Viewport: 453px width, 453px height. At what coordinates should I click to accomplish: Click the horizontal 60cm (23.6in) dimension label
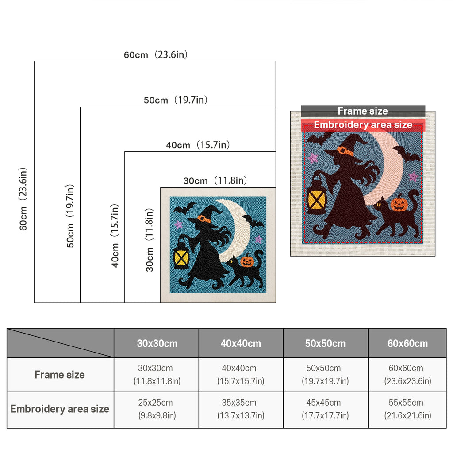pos(156,54)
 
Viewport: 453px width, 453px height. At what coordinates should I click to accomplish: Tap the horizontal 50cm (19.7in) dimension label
pos(176,100)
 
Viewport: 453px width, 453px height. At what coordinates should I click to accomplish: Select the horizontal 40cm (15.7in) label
pos(198,145)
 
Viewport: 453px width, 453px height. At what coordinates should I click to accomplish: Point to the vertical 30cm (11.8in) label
pos(150,240)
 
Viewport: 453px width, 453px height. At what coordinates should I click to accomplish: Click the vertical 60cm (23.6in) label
pos(23,199)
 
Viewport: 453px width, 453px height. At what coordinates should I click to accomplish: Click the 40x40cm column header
pos(241,343)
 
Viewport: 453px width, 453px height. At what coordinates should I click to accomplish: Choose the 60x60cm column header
pos(407,343)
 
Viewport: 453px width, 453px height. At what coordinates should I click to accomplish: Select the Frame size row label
pos(60,375)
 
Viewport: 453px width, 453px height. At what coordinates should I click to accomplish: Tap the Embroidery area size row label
pos(60,409)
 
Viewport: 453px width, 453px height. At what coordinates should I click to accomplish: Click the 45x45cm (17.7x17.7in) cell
pos(325,409)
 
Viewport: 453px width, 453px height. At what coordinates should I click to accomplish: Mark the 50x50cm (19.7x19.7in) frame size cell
pos(325,374)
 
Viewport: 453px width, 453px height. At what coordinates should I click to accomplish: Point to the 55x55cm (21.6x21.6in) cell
pos(407,409)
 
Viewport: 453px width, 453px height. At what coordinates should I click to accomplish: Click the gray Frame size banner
pos(363,111)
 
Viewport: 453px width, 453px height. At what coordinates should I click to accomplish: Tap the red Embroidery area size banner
pos(363,125)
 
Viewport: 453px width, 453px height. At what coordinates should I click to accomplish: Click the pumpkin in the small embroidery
pos(247,261)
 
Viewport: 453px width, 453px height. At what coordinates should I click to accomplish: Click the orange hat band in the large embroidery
pos(345,151)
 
